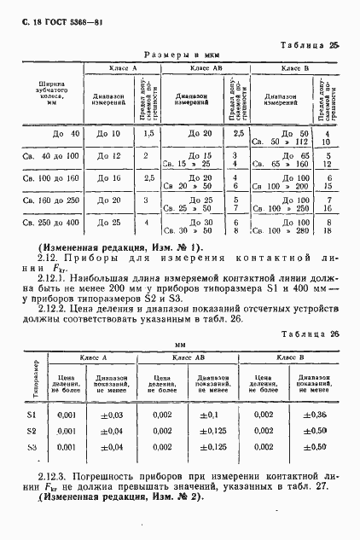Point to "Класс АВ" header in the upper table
tap(205, 67)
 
